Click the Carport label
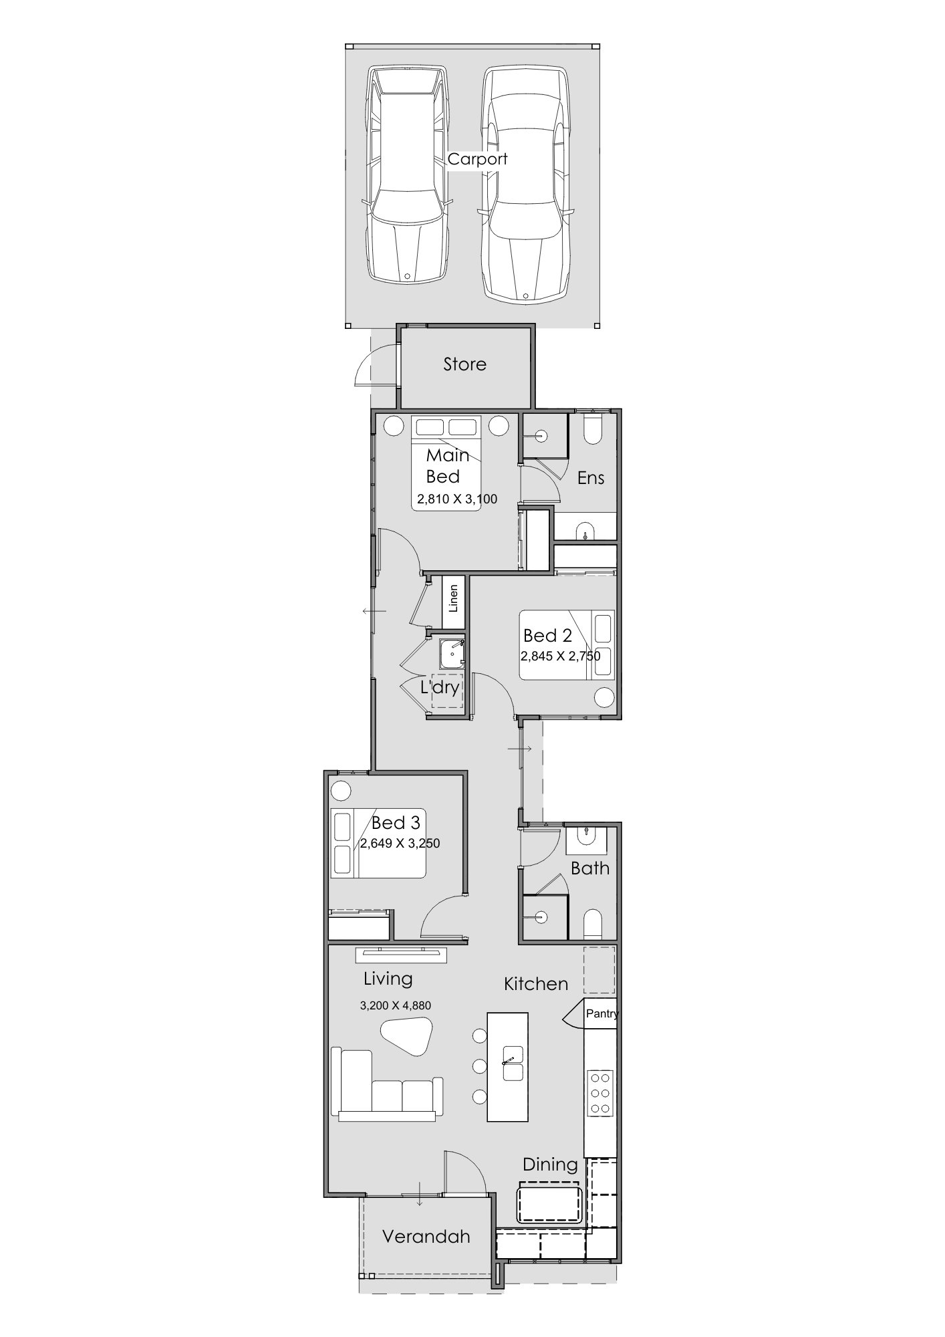pos(477,159)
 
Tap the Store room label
pos(464,364)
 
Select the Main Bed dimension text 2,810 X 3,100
pos(457,499)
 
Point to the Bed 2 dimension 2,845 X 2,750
pos(560,656)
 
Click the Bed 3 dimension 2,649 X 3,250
pos(400,843)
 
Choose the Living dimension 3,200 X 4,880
pos(396,1005)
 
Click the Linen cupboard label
pos(454,599)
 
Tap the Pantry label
pos(602,1013)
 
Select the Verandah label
pos(426,1236)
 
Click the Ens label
pos(591,477)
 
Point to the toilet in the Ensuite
pos(593,429)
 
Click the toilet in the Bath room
pos(593,924)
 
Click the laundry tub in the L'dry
pos(452,654)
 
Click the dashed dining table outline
pos(549,1202)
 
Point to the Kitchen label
pos(536,983)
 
